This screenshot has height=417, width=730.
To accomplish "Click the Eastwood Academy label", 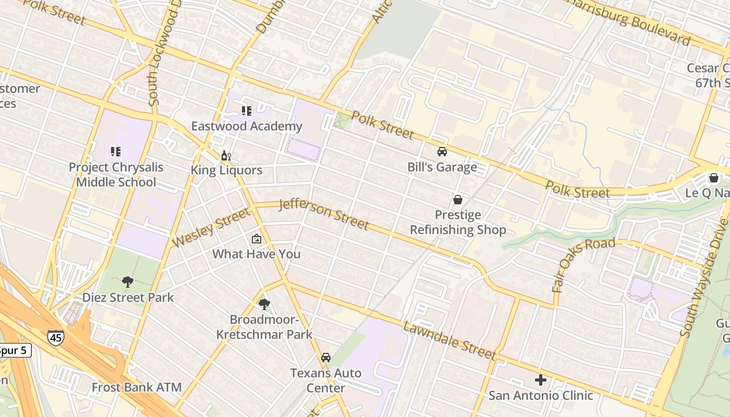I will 246,126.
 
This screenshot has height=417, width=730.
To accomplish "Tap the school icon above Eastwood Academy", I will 247,111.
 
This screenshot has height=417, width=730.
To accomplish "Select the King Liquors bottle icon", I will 226,155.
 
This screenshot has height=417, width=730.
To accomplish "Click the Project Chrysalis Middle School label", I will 116,175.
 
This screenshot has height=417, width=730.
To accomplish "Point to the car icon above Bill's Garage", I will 442,152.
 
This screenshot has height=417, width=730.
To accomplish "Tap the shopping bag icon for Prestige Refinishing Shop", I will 458,200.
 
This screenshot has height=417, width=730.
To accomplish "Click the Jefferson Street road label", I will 324,214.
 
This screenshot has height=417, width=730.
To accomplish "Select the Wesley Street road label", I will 211,228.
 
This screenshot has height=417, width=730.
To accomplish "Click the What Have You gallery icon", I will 257,239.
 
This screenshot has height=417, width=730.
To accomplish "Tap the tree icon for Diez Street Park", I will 128,282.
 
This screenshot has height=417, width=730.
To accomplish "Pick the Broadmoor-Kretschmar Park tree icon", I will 264,304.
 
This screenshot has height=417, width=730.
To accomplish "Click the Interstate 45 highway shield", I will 55,338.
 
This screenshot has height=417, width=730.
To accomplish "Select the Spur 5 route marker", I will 14,350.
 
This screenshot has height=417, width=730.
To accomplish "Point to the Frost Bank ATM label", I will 137,387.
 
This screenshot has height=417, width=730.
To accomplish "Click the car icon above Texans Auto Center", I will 326,358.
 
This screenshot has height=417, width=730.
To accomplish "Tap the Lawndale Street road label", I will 449,341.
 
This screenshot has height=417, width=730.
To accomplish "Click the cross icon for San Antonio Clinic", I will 541,380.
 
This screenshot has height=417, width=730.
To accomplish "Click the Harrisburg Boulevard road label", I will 630,21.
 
